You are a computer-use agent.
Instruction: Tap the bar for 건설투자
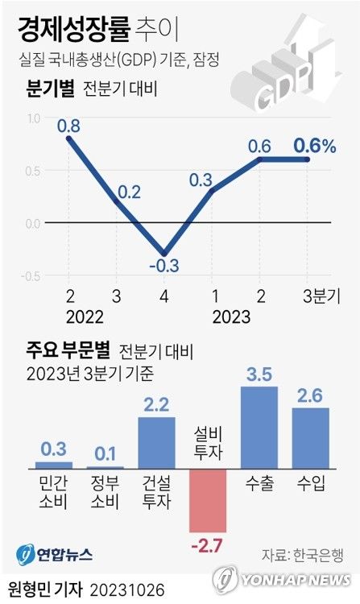tap(156, 442)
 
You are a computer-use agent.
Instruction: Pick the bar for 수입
tap(310, 437)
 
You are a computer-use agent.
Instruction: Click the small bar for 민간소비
tap(54, 465)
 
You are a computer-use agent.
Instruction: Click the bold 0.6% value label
tap(315, 146)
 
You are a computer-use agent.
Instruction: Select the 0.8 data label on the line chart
tap(68, 126)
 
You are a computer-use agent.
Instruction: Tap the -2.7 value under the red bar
tap(209, 547)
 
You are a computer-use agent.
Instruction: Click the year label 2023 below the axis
tap(231, 316)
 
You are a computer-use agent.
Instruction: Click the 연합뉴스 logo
tap(55, 554)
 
